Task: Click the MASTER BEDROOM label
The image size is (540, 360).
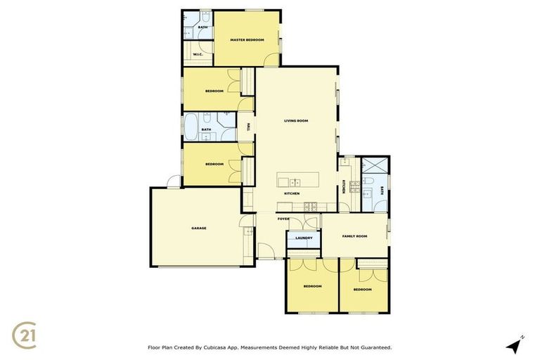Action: click(x=247, y=40)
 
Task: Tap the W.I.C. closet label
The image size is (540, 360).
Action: click(x=198, y=54)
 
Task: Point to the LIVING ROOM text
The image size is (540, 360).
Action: click(x=296, y=121)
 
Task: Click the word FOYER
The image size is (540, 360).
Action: click(x=283, y=219)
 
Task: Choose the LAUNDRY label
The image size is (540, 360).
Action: click(x=304, y=238)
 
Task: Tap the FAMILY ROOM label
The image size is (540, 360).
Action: click(x=354, y=236)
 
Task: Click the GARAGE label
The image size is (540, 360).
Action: click(x=199, y=228)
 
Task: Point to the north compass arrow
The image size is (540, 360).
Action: click(x=515, y=345)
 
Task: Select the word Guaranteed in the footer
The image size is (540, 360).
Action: click(x=373, y=347)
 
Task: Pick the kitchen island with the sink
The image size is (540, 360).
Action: click(x=297, y=179)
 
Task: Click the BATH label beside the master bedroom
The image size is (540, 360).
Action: click(x=202, y=27)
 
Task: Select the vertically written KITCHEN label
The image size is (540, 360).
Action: click(x=344, y=186)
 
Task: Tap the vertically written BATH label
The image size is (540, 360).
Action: click(x=382, y=190)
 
